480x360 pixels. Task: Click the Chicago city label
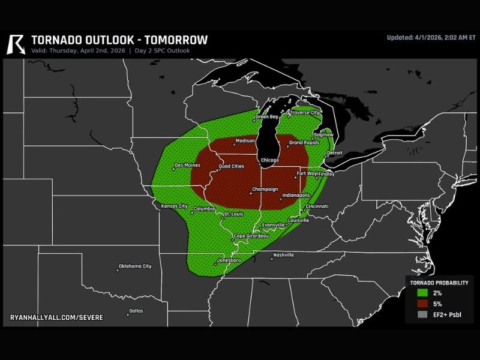(270, 160)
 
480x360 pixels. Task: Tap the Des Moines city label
(187, 165)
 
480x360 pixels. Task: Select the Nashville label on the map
(283, 255)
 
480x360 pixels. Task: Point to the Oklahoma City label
(135, 266)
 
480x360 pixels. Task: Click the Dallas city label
(136, 311)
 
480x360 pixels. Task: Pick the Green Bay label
(267, 116)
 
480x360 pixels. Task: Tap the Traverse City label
(305, 112)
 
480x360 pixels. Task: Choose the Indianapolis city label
(296, 195)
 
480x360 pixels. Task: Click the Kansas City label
(175, 206)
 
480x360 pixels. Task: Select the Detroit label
(334, 152)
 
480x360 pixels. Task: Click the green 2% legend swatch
(422, 293)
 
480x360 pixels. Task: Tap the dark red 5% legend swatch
(422, 304)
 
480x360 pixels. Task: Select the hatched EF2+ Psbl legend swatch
(422, 314)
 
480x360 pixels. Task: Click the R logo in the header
(16, 44)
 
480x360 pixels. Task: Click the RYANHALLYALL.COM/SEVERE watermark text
(56, 316)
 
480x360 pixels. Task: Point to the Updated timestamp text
(430, 37)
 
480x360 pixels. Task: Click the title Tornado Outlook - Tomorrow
(119, 40)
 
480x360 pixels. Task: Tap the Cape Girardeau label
(251, 236)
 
